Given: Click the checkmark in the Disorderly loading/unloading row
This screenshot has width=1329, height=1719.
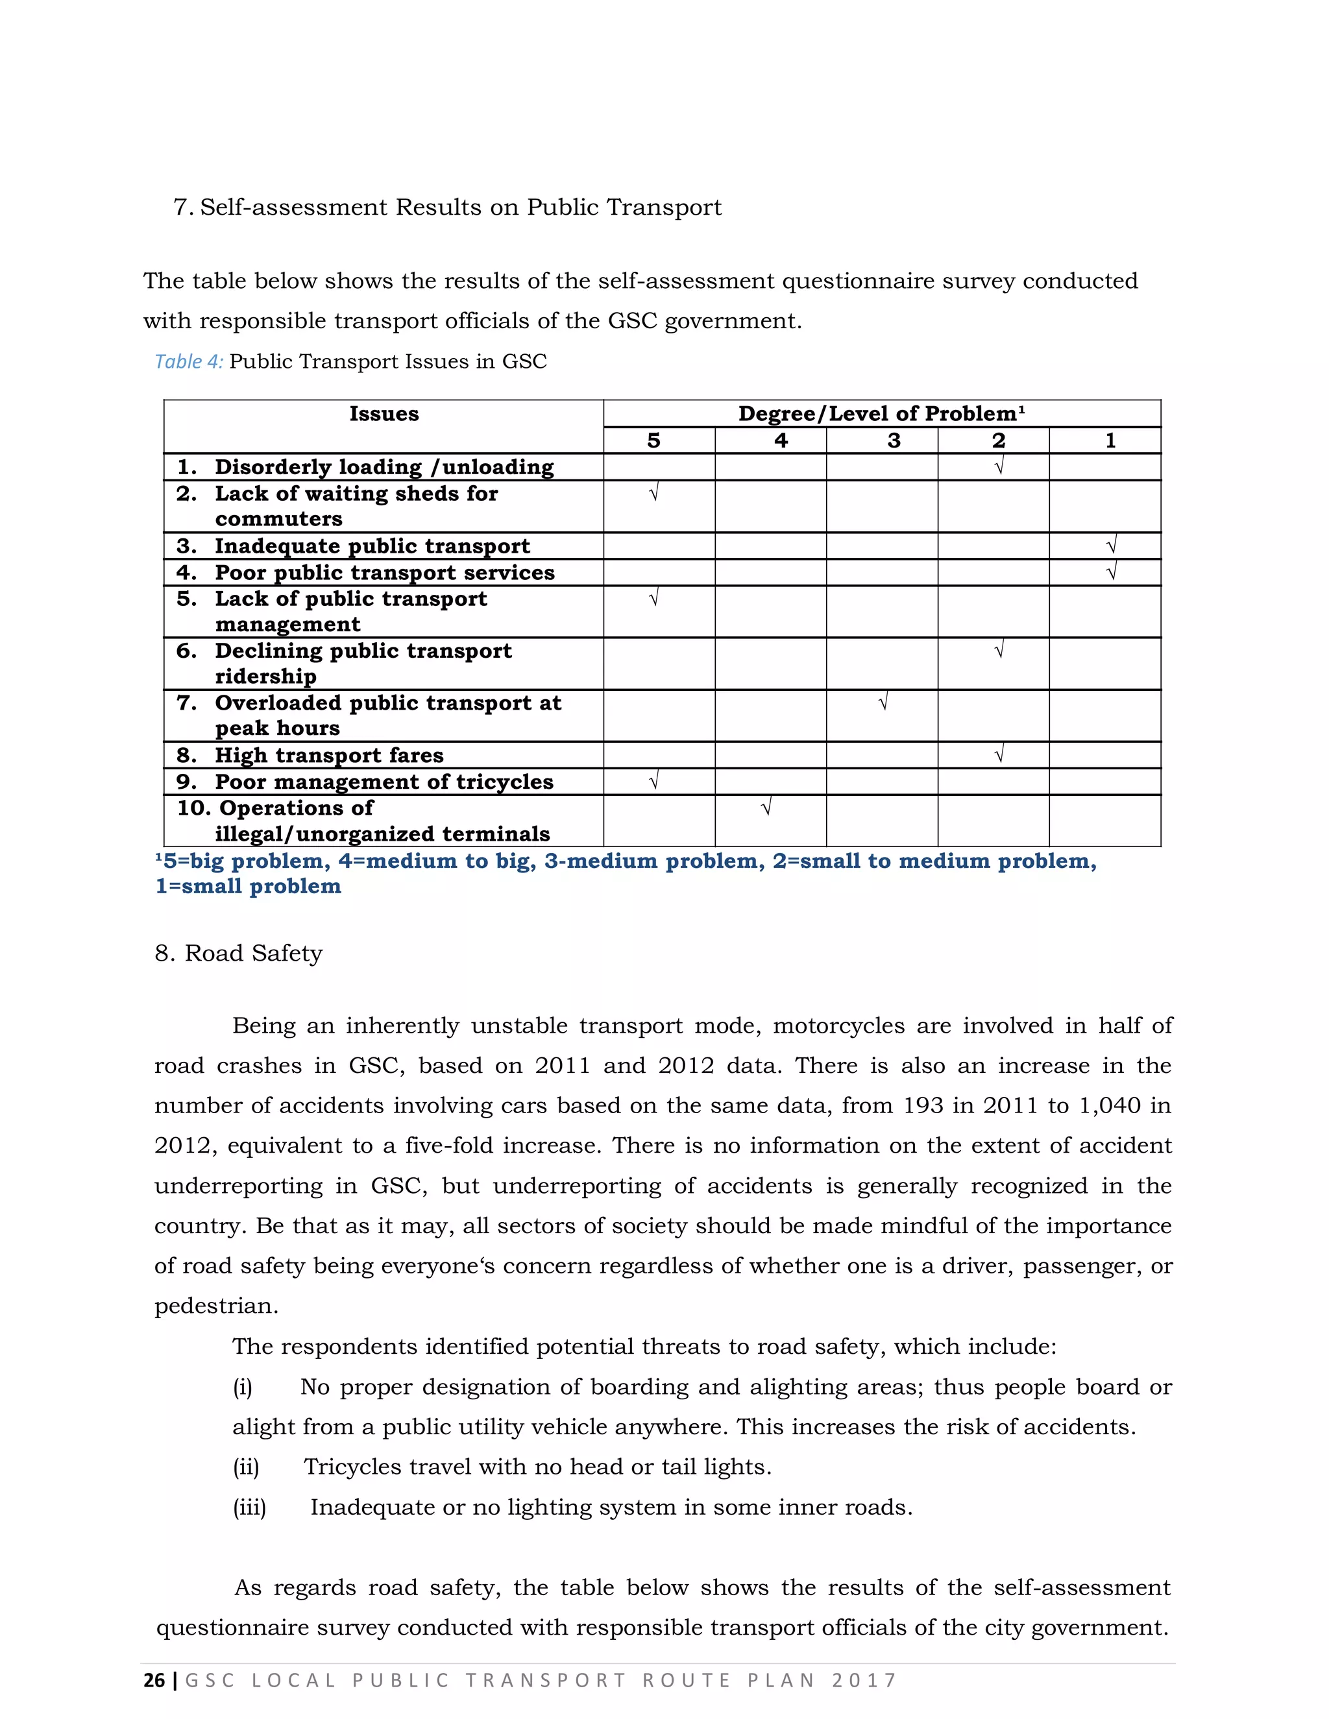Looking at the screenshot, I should [998, 467].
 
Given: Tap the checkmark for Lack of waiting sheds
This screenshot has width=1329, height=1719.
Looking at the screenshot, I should [653, 494].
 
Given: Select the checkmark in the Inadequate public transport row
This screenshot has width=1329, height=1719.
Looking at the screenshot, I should [1111, 545].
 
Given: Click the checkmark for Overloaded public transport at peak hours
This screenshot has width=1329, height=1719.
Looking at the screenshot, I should [883, 701].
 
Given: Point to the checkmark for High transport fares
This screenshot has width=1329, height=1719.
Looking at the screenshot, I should [998, 755].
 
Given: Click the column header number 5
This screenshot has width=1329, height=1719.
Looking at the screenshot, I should [653, 440].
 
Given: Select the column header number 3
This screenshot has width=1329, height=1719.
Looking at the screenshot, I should [894, 440].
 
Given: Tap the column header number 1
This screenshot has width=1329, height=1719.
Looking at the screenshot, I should [1110, 440].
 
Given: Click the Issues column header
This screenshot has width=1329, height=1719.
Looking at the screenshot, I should [384, 414].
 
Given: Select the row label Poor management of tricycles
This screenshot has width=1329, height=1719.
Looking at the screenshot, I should [384, 782].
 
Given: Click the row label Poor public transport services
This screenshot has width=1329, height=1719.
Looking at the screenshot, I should [384, 572].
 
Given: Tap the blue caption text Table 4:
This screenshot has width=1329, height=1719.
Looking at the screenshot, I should [189, 361].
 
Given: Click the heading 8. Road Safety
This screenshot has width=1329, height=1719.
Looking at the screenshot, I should [239, 953].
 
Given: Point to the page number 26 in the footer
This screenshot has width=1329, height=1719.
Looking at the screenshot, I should [154, 1681].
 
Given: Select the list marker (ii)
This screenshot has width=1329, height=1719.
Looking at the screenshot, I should [246, 1467].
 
